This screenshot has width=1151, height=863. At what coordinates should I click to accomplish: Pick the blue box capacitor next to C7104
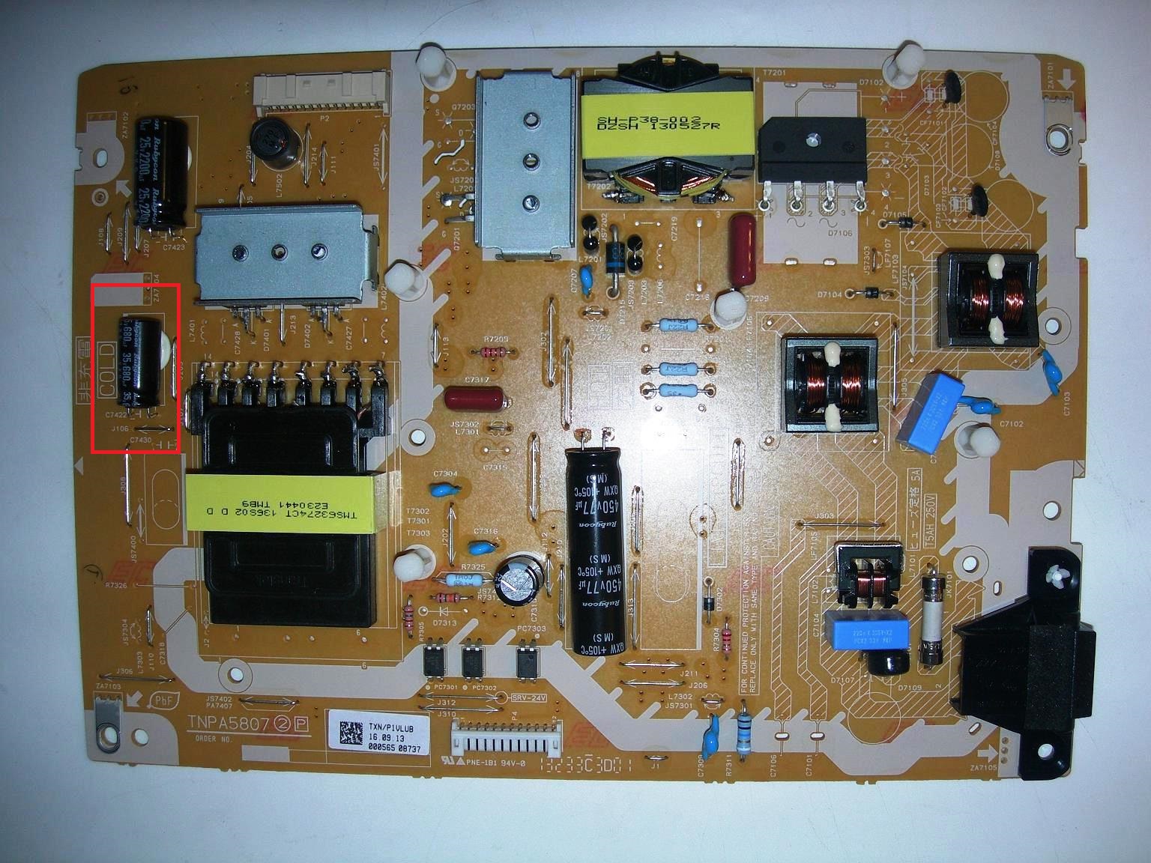click(867, 631)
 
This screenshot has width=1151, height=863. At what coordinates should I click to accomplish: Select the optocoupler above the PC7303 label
click(527, 659)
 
